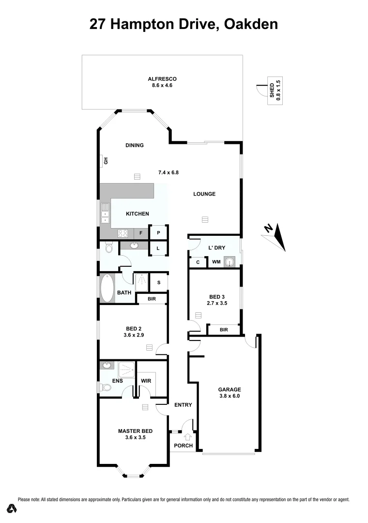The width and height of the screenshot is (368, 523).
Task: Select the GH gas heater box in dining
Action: [x=104, y=161]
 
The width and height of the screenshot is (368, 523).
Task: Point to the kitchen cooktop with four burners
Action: [x=123, y=233]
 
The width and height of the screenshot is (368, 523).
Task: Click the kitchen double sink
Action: [x=105, y=214]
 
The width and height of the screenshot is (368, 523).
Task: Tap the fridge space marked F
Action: [x=141, y=233]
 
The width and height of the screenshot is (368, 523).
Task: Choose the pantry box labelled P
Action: [x=158, y=233]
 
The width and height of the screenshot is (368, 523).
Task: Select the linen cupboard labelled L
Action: [x=158, y=249]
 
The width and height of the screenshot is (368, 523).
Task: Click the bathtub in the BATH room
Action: [x=106, y=289]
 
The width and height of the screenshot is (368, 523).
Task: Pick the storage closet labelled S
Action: [x=158, y=282]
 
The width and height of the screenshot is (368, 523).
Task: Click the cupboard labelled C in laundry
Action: [x=198, y=262]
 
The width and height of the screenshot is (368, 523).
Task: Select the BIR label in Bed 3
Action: [x=223, y=330]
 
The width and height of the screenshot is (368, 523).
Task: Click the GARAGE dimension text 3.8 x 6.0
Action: [x=230, y=396]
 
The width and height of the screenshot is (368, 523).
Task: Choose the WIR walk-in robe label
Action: [x=146, y=381]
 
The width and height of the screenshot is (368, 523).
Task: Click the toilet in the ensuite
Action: [x=106, y=387]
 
